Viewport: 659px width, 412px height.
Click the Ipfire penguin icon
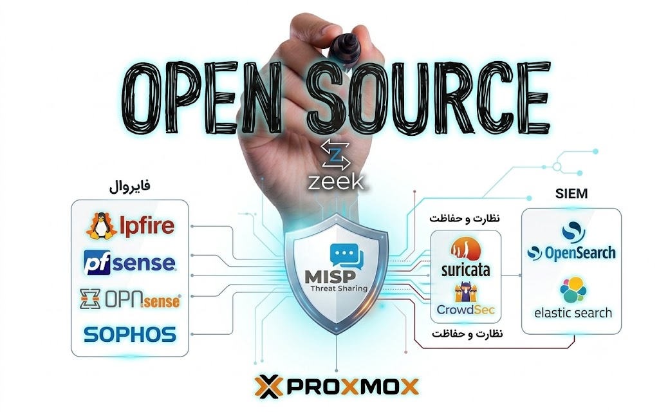point(101,226)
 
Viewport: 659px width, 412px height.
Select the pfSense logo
point(129,263)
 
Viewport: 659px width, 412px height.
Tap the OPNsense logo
point(130,299)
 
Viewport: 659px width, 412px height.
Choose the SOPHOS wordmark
point(130,334)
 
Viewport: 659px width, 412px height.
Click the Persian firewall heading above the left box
point(129,185)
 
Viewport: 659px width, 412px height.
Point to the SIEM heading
point(571,193)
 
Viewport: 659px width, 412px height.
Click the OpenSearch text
point(580,253)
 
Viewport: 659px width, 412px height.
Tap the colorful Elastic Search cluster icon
point(572,289)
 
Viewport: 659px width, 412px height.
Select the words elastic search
point(573,313)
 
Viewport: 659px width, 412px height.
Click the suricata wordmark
point(466,270)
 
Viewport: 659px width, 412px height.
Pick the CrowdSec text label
point(466,310)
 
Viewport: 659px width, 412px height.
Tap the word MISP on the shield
point(330,277)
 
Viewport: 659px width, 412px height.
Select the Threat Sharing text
point(339,288)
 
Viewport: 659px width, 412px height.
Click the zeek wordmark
point(336,182)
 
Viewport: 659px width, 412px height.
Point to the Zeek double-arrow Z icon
point(335,156)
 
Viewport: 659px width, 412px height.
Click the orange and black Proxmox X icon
point(268,386)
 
